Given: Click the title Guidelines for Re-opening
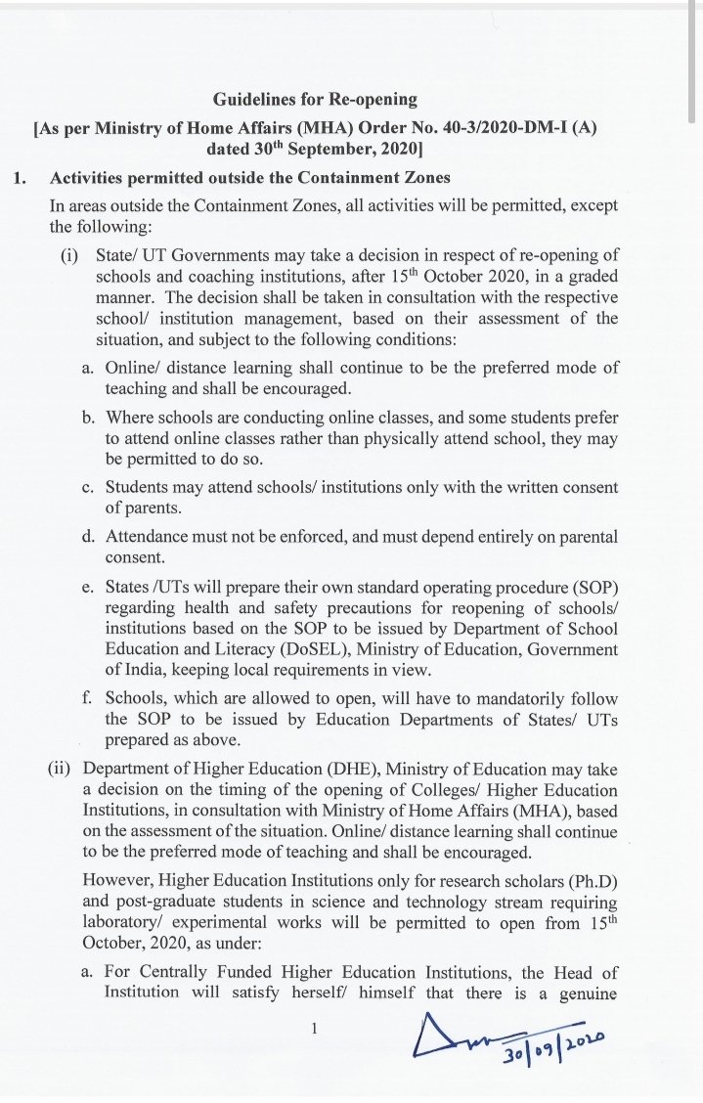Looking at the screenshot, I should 314,98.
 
